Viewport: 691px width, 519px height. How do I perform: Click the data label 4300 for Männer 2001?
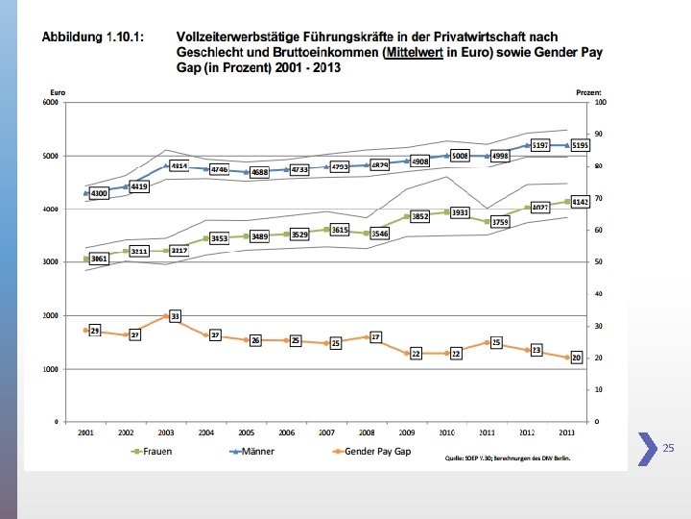pyautogui.click(x=99, y=194)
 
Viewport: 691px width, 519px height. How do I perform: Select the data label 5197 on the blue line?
pyautogui.click(x=540, y=145)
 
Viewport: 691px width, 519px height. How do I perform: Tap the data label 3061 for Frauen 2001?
pyautogui.click(x=99, y=259)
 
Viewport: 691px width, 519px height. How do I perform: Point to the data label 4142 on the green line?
pyautogui.click(x=579, y=202)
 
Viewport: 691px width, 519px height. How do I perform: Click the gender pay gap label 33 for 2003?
pyautogui.click(x=175, y=315)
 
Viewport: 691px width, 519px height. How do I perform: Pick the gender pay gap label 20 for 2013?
pyautogui.click(x=577, y=358)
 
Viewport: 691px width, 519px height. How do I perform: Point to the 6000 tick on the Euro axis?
pyautogui.click(x=50, y=103)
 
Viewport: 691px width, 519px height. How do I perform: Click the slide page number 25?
pyautogui.click(x=669, y=448)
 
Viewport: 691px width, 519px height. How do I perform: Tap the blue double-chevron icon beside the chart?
pyautogui.click(x=643, y=447)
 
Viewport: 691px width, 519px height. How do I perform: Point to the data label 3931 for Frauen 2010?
pyautogui.click(x=460, y=212)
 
